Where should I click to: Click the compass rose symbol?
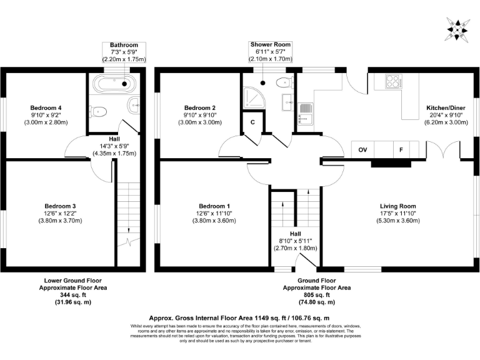point(459,27)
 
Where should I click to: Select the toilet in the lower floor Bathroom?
point(98,111)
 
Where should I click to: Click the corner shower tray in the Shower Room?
point(251,97)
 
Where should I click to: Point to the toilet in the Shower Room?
point(284,81)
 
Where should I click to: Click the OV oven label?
point(361,150)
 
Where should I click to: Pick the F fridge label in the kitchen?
point(400,150)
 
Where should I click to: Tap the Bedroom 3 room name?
point(60,206)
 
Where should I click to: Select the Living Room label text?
point(397,206)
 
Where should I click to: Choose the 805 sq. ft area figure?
point(317,294)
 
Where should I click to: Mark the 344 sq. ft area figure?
point(72,294)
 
